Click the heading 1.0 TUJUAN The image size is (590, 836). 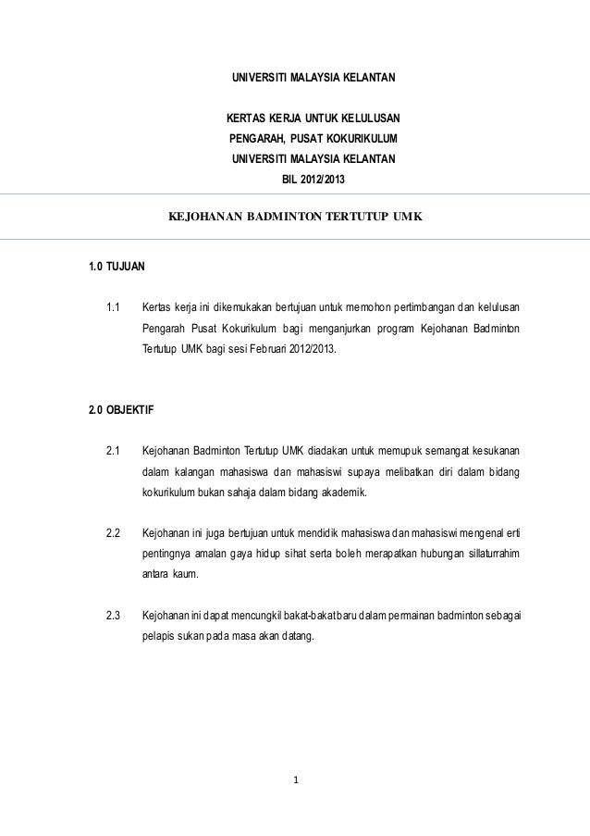tap(116, 268)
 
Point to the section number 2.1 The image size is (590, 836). tap(115, 451)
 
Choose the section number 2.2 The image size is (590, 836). tap(115, 533)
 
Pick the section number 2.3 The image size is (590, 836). tap(115, 616)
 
